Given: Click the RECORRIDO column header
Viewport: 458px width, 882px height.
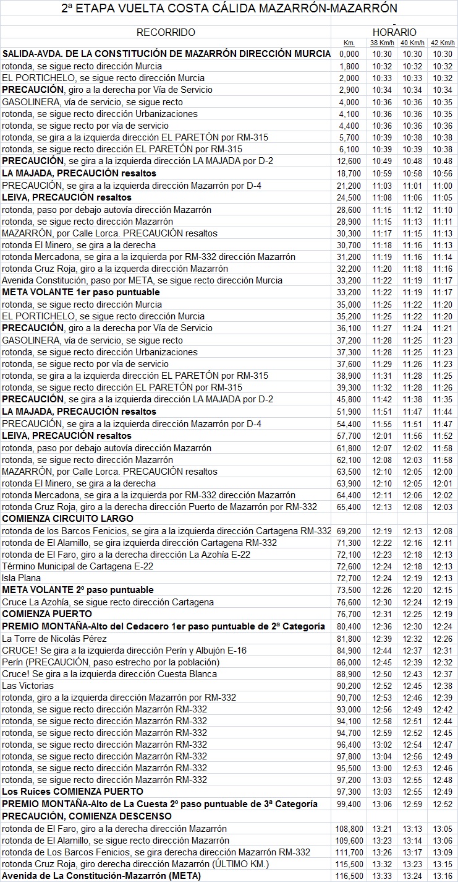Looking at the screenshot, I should pyautogui.click(x=166, y=32).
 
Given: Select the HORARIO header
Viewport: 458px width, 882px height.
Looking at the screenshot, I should pyautogui.click(x=394, y=32).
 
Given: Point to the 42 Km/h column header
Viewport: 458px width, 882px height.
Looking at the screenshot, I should pyautogui.click(x=443, y=43).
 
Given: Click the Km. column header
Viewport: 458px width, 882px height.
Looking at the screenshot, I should pyautogui.click(x=349, y=43).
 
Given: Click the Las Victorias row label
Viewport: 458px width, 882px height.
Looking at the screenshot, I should pyautogui.click(x=28, y=686).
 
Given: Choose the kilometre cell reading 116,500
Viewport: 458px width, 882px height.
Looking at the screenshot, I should pyautogui.click(x=349, y=876).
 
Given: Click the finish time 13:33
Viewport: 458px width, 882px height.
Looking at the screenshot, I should pyautogui.click(x=381, y=876).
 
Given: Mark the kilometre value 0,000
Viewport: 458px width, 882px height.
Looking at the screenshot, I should pyautogui.click(x=349, y=54).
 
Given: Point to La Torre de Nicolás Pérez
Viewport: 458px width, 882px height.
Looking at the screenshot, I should pyautogui.click(x=55, y=638).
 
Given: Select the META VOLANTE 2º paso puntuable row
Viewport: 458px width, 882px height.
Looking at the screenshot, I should pyautogui.click(x=78, y=590).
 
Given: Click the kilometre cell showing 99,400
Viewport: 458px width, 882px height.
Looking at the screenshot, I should pyautogui.click(x=350, y=804).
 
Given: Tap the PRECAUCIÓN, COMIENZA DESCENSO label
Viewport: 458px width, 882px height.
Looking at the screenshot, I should pyautogui.click(x=87, y=816).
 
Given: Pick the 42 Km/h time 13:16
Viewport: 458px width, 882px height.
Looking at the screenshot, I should pyautogui.click(x=443, y=876).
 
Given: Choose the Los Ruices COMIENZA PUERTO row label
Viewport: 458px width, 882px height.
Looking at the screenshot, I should pyautogui.click(x=72, y=792).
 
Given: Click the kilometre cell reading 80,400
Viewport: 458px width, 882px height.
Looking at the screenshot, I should pyautogui.click(x=350, y=626).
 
